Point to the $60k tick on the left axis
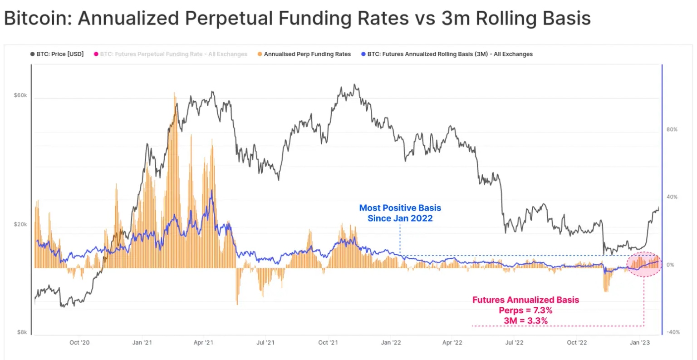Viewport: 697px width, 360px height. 20,95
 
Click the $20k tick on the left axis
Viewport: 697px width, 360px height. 20,224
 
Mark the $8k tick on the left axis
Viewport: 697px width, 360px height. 22,332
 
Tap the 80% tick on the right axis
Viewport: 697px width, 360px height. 672,129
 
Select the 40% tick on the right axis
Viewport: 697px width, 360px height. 672,197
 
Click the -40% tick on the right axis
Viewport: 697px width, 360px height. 673,332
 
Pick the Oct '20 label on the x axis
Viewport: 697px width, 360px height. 79,342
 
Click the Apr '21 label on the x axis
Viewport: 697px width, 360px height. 203,342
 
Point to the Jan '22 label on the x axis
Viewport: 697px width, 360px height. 391,342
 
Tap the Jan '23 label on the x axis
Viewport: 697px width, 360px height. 640,342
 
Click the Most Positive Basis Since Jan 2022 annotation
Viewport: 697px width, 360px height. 400,213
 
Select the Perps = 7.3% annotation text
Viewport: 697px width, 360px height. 525,311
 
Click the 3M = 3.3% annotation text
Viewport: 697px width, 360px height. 525,321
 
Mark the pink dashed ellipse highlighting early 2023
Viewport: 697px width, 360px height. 644,264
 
